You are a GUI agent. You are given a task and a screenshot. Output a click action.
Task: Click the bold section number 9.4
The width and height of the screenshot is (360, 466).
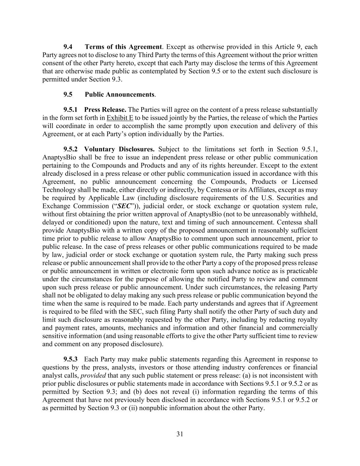point(68,47)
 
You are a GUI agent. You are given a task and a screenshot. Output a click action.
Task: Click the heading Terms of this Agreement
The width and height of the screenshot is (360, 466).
point(123,47)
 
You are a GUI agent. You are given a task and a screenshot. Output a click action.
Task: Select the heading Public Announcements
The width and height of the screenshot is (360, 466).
point(120,94)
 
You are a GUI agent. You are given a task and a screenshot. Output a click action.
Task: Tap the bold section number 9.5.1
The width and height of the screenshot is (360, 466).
point(71,110)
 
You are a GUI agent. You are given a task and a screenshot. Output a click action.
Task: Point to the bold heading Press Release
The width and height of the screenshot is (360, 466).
point(105,110)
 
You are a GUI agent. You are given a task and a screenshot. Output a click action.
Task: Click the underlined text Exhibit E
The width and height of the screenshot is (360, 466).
point(120,118)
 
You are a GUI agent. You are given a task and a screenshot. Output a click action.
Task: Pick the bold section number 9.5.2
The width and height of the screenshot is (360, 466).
point(71,149)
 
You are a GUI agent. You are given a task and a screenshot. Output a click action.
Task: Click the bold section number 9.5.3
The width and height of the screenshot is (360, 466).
point(71,359)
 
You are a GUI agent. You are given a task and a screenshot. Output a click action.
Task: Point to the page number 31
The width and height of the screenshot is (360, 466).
point(180,434)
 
